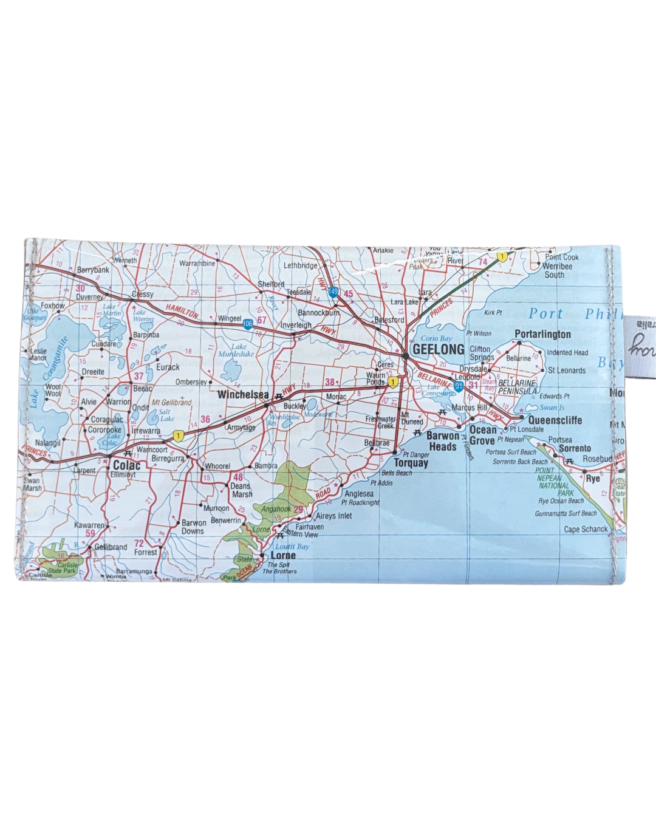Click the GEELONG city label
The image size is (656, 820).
(438, 349)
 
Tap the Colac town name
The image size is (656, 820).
(126, 465)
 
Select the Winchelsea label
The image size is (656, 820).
(242, 395)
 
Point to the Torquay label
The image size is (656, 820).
(411, 463)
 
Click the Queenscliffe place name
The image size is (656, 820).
(555, 420)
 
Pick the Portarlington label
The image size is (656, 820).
(542, 334)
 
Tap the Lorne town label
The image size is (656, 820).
(283, 555)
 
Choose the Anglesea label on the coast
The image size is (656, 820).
(359, 494)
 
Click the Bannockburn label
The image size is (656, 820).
(318, 313)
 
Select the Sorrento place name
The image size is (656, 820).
(575, 448)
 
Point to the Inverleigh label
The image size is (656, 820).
(296, 325)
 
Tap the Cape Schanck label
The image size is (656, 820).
(586, 529)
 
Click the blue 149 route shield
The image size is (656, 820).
(333, 292)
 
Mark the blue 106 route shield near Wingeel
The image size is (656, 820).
(248, 324)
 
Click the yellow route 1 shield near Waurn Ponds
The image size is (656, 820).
(394, 383)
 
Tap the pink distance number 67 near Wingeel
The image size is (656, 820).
(262, 320)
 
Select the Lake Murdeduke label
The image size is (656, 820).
(236, 350)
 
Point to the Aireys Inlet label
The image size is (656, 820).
(334, 516)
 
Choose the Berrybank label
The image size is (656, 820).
(93, 270)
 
